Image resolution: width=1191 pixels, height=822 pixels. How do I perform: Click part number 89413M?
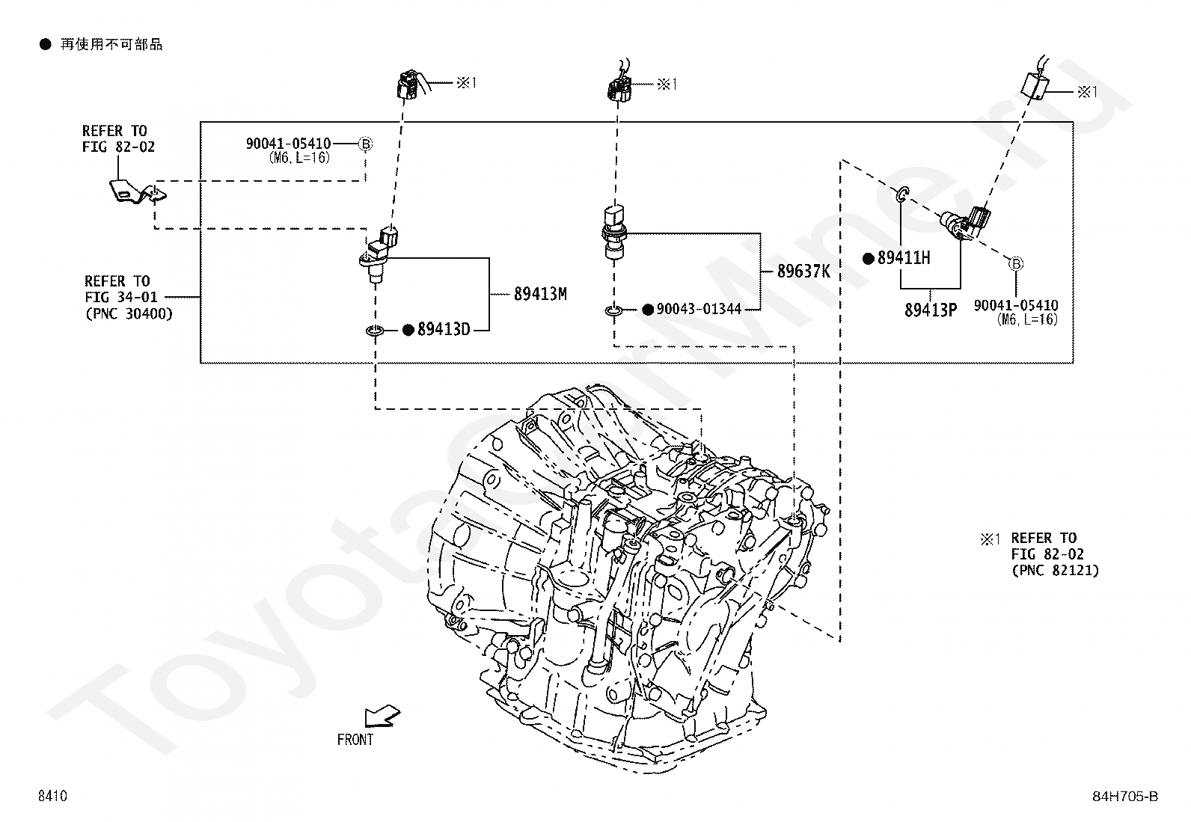(540, 293)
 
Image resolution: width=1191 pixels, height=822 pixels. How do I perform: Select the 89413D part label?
(444, 330)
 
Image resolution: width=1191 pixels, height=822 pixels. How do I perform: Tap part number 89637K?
(803, 272)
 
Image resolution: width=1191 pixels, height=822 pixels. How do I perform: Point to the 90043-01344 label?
(699, 309)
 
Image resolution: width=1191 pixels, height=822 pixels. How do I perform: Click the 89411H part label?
(904, 258)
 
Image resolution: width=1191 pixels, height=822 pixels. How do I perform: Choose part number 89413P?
(931, 310)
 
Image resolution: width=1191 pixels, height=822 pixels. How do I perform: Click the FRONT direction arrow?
(382, 716)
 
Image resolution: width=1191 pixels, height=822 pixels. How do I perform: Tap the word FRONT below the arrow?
(355, 740)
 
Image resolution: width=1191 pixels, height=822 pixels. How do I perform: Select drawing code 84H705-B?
(1125, 796)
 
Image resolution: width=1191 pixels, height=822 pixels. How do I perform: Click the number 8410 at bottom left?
(52, 796)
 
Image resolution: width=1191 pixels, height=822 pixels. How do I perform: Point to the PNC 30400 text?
(129, 313)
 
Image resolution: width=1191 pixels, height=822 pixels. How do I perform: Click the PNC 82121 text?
(1055, 571)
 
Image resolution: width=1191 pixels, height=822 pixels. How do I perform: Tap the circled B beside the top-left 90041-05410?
(365, 144)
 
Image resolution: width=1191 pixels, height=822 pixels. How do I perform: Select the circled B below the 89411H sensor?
(1015, 263)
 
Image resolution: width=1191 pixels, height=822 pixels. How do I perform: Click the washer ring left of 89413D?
(375, 331)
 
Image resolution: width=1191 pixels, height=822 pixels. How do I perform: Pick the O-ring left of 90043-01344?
(614, 310)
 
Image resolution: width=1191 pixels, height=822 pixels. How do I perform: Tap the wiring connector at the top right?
(1035, 85)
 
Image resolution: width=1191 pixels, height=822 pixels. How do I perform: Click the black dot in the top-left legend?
(46, 44)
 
